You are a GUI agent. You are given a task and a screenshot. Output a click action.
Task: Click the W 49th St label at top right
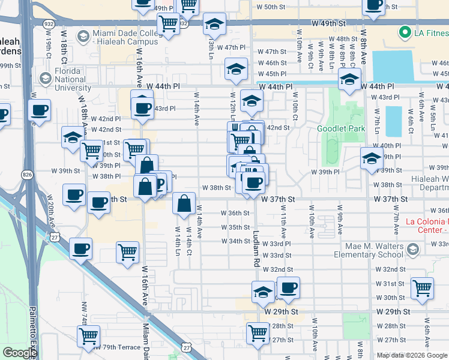click(330, 22)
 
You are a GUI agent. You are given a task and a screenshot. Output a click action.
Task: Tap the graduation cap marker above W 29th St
click(263, 292)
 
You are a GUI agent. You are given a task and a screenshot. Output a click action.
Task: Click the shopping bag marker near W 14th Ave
click(184, 203)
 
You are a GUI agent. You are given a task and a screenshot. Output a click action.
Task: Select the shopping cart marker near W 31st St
click(422, 288)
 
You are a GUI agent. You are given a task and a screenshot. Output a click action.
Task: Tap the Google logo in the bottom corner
click(20, 353)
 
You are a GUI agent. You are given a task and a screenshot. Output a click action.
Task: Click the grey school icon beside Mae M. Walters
click(412, 249)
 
